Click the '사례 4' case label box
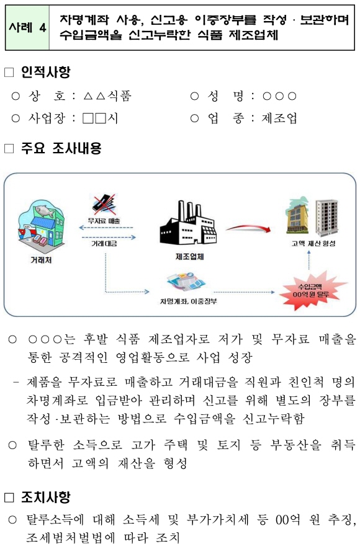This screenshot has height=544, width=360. tap(27, 27)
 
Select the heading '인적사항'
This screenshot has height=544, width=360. tap(45, 72)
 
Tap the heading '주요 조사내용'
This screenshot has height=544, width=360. tap(61, 148)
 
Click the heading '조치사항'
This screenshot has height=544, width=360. tap(45, 497)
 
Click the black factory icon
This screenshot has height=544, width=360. tap(188, 224)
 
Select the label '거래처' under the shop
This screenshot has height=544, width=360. tap(42, 259)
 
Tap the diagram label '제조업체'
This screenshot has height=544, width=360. tap(189, 256)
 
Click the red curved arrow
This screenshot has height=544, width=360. tap(248, 228)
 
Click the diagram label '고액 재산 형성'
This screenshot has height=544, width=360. tap(313, 244)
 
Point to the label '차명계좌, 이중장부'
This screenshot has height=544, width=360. tap(189, 301)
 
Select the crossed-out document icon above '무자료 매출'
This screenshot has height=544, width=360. tap(105, 205)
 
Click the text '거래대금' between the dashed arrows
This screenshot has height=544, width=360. tap(104, 244)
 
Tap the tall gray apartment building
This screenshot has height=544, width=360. tap(326, 218)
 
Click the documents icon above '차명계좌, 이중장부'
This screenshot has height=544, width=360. tap(186, 282)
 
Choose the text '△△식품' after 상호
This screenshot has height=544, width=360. tap(107, 96)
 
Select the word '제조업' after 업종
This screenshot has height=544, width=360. tap(279, 118)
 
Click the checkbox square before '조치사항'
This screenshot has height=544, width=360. tap(9, 497)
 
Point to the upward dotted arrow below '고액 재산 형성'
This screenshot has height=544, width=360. tap(308, 260)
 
